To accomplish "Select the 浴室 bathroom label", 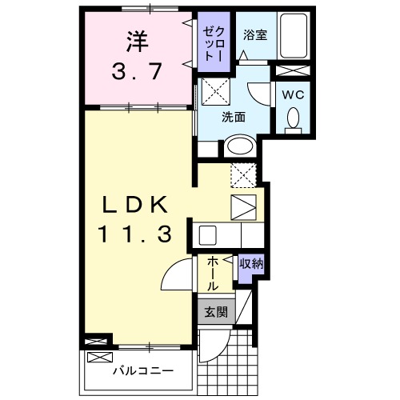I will click(x=254, y=34).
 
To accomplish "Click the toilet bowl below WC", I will click(x=291, y=118).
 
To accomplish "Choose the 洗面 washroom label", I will click(x=233, y=116).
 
